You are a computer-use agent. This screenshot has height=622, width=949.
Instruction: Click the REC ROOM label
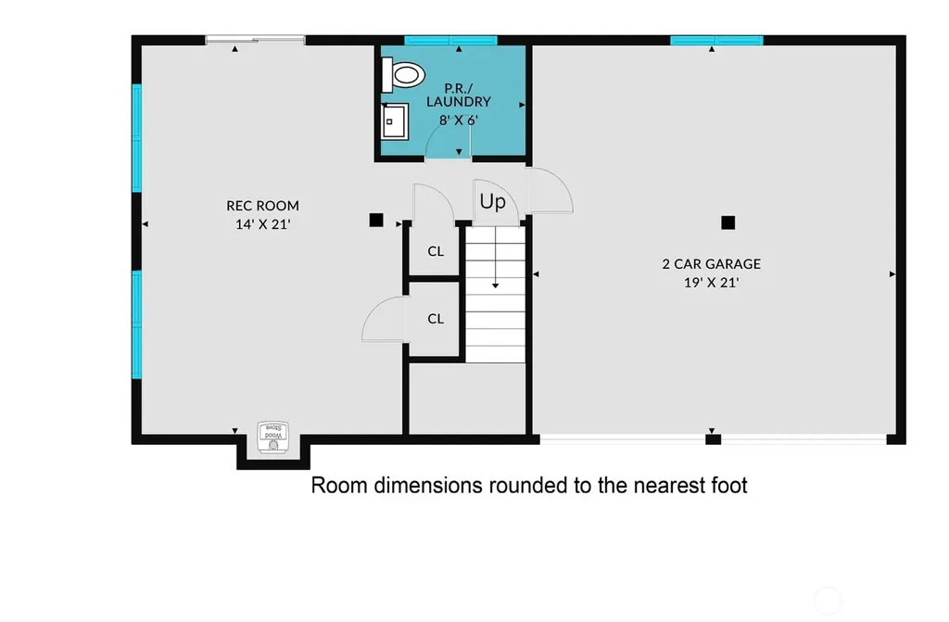pyautogui.click(x=262, y=206)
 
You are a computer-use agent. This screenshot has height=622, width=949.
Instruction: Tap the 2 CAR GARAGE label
pyautogui.click(x=711, y=264)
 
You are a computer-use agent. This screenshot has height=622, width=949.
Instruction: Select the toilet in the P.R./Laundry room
pyautogui.click(x=402, y=74)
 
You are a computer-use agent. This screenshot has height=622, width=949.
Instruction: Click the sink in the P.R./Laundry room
pyautogui.click(x=395, y=121)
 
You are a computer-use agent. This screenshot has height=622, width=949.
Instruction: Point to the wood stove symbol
pyautogui.click(x=273, y=438)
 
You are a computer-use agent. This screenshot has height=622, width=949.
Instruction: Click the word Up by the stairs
pyautogui.click(x=493, y=202)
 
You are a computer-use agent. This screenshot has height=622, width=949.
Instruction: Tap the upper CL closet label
pyautogui.click(x=436, y=251)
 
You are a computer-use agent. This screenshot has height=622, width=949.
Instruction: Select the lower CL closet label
pyautogui.click(x=436, y=319)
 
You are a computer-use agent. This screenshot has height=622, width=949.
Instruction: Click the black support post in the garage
pyautogui.click(x=728, y=222)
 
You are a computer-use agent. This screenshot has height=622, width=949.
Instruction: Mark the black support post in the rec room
pyautogui.click(x=376, y=221)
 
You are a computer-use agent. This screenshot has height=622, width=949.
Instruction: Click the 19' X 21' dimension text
pyautogui.click(x=711, y=283)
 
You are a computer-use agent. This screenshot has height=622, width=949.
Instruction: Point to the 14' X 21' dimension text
pyautogui.click(x=262, y=224)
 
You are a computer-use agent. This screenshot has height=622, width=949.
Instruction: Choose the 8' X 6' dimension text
pyautogui.click(x=458, y=121)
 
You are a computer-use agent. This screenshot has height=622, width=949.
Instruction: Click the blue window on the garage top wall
pyautogui.click(x=716, y=41)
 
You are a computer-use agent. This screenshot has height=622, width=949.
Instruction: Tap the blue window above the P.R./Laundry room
pyautogui.click(x=451, y=41)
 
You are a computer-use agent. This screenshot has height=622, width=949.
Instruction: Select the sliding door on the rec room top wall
pyautogui.click(x=255, y=40)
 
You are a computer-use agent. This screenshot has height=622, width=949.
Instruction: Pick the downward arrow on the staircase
pyautogui.click(x=496, y=258)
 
